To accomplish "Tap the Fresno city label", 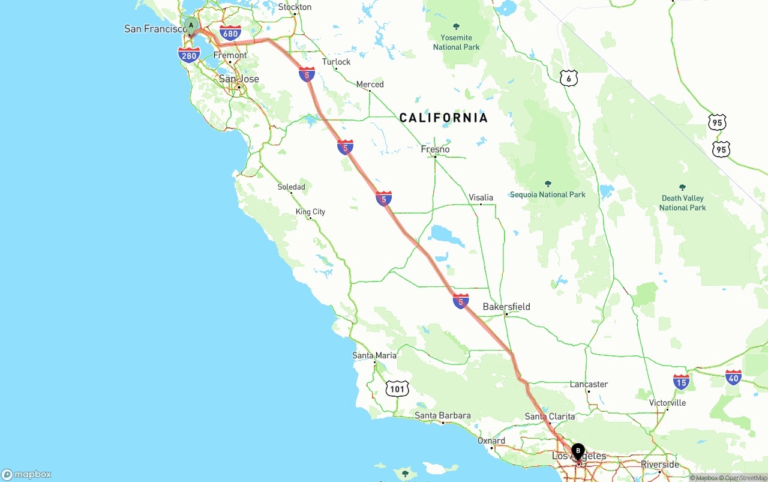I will pyautogui.click(x=435, y=149).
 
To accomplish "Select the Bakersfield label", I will pyautogui.click(x=506, y=307).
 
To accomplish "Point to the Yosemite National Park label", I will pyautogui.click(x=456, y=42).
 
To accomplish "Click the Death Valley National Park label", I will pyautogui.click(x=682, y=203).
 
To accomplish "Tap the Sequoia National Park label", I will pyautogui.click(x=547, y=194).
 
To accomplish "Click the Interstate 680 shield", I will pyautogui.click(x=230, y=33).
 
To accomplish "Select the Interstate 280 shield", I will pyautogui.click(x=189, y=56).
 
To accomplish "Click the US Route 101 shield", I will pyautogui.click(x=397, y=389).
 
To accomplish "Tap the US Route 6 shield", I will pyautogui.click(x=569, y=77).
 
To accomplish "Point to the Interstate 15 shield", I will pyautogui.click(x=681, y=381).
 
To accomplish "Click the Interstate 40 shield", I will pyautogui.click(x=733, y=377).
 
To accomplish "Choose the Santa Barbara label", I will pyautogui.click(x=442, y=415).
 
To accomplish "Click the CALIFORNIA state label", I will pyautogui.click(x=443, y=118).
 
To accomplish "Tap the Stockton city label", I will pyautogui.click(x=295, y=7).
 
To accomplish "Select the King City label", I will pyautogui.click(x=310, y=212).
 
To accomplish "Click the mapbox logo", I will pyautogui.click(x=26, y=474).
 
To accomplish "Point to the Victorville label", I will pyautogui.click(x=667, y=403).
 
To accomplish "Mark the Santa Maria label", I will pyautogui.click(x=374, y=355).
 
